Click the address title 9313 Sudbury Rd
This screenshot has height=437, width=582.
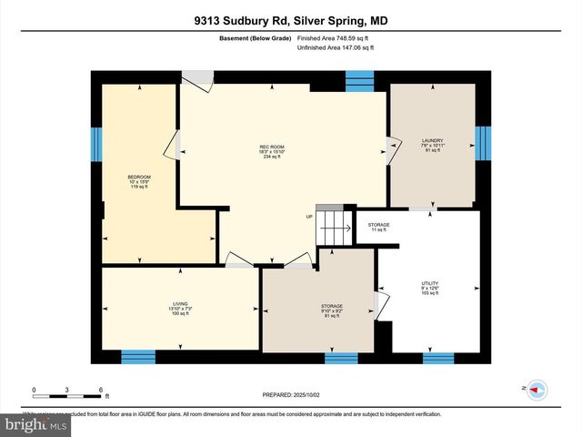pos(290,21)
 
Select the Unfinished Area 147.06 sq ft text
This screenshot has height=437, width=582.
pos(337,47)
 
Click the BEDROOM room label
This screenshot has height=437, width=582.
pos(139,181)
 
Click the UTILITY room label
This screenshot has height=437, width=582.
pos(430,288)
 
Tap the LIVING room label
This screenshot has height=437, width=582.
pos(181,309)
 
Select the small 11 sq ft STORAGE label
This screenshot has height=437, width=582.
pos(378,228)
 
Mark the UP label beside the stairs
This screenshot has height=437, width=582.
pos(309,217)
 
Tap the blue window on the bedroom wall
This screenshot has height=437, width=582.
pos(95,143)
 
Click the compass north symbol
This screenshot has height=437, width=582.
pos(536,389)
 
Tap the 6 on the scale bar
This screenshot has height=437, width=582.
pos(100,389)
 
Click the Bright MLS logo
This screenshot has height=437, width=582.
pos(35,424)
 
